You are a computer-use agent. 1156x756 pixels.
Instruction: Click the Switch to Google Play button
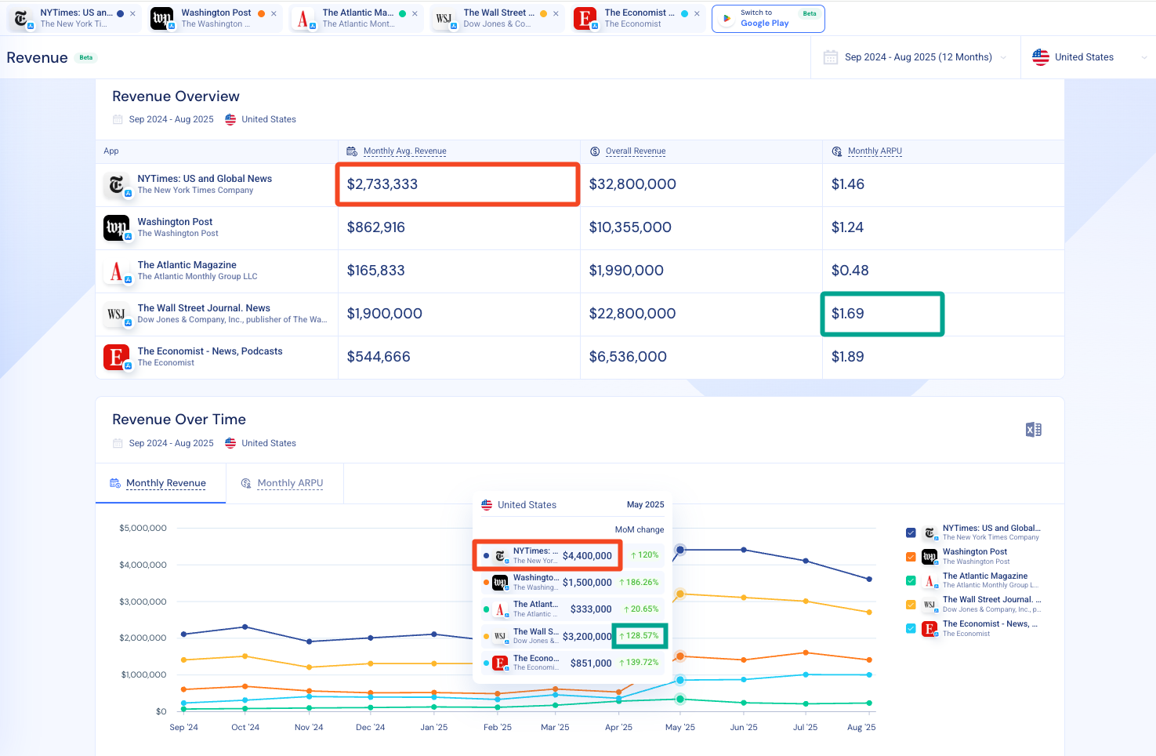(x=768, y=19)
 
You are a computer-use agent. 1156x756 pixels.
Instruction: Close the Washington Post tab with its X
(x=274, y=14)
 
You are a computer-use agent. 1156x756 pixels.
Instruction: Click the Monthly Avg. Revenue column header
(x=404, y=151)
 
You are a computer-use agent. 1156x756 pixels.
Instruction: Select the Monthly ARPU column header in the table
(x=875, y=151)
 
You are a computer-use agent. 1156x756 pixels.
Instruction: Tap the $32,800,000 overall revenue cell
(x=632, y=184)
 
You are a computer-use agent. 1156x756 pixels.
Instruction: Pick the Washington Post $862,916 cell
(x=375, y=227)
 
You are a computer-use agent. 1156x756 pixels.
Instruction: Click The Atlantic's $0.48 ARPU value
(x=850, y=271)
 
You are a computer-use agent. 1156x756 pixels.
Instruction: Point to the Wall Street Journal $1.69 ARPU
(x=847, y=314)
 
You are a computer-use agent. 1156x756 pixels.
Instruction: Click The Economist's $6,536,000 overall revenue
(x=628, y=357)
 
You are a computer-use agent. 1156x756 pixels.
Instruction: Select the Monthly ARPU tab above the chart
(x=290, y=483)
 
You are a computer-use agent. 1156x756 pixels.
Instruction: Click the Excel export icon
(x=1033, y=430)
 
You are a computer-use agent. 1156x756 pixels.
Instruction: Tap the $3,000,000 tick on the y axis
(x=143, y=602)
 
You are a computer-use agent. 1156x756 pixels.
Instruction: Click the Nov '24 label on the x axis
(x=309, y=727)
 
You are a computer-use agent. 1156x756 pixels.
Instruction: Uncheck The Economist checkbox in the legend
(x=911, y=628)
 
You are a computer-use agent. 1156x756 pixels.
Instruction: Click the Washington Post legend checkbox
(x=911, y=557)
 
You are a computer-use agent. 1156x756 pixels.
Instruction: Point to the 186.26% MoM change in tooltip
(x=639, y=582)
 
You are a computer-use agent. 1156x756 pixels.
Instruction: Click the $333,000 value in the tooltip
(x=591, y=609)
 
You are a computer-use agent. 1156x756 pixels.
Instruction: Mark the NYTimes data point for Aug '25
(x=869, y=580)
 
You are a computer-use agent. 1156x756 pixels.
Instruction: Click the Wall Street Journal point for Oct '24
(x=245, y=656)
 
